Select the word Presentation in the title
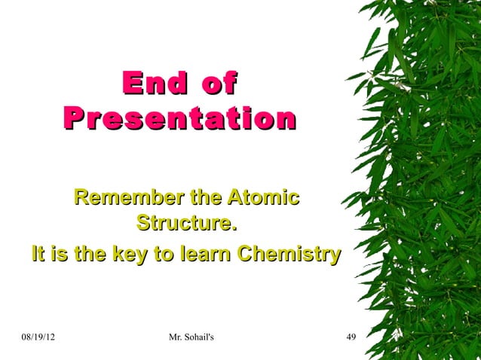(179, 118)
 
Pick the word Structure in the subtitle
(185, 224)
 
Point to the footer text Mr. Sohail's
(189, 336)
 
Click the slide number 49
(351, 336)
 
